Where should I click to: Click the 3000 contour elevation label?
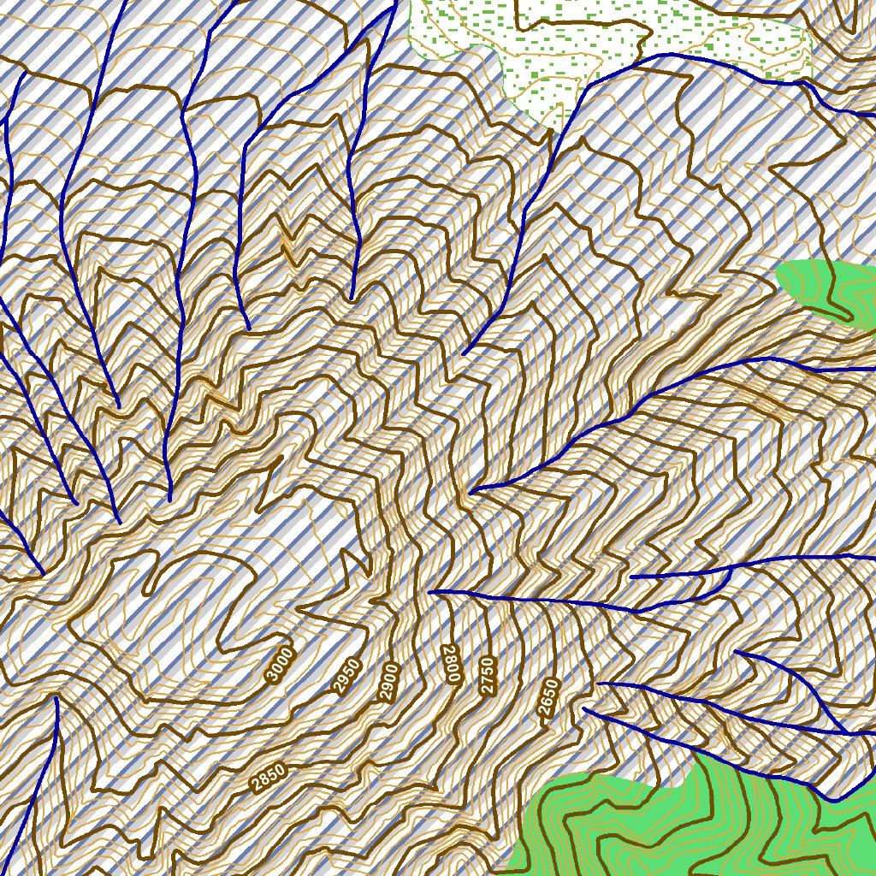(280, 665)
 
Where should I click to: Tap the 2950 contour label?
(346, 676)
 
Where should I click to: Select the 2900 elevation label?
(390, 683)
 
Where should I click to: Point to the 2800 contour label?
(451, 663)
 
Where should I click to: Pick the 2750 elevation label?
(488, 674)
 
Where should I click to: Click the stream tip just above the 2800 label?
(430, 591)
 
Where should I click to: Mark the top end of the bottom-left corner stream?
(56, 698)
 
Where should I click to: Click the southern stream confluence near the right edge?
(847, 733)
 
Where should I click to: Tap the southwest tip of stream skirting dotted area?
(464, 353)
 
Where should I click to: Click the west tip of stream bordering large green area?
(584, 708)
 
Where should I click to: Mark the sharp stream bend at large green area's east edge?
(834, 801)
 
